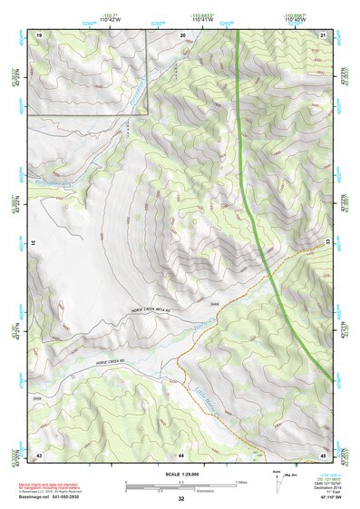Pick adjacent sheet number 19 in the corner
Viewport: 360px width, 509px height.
click(x=39, y=34)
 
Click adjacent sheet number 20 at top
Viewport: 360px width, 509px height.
click(x=182, y=34)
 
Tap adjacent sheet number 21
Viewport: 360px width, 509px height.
click(x=323, y=34)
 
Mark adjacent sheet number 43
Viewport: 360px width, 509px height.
click(x=39, y=454)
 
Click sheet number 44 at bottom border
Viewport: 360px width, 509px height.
click(x=181, y=454)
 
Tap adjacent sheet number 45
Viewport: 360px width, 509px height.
click(x=323, y=454)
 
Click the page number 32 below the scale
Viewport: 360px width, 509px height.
click(x=181, y=499)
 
